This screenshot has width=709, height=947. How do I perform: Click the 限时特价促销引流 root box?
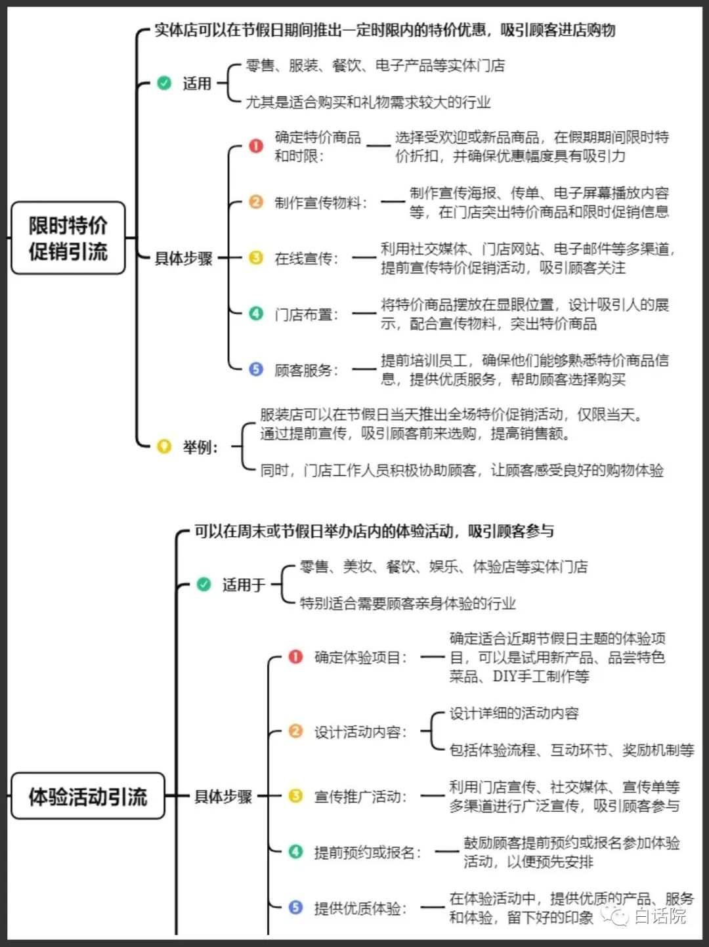tap(68, 238)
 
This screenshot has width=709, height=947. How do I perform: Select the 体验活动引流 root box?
tap(87, 797)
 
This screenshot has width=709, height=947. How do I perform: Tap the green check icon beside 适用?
tap(164, 83)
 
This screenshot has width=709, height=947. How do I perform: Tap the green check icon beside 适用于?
tap(204, 584)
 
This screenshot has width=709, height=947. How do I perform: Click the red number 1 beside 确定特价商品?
tap(256, 146)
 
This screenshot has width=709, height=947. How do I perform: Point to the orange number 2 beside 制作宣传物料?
tap(256, 202)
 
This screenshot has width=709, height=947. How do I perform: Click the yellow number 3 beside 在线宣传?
tap(256, 258)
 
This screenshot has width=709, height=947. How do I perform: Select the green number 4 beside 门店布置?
tap(256, 314)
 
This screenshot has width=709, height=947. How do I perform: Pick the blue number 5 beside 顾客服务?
tap(256, 369)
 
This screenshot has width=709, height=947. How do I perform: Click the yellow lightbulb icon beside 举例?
tap(164, 447)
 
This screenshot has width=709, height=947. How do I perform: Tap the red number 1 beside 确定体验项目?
tap(295, 657)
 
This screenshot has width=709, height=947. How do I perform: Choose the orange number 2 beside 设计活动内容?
tap(295, 731)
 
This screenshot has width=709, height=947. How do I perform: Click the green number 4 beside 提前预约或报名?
tap(295, 852)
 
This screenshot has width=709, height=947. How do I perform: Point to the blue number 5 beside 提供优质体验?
tap(295, 908)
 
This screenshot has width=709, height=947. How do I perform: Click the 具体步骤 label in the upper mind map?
tap(184, 259)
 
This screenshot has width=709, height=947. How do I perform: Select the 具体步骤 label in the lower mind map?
tap(223, 797)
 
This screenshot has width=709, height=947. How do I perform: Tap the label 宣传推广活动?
tap(360, 797)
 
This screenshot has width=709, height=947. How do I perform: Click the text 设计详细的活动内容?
tap(514, 713)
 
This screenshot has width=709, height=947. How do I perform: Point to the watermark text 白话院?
tap(660, 916)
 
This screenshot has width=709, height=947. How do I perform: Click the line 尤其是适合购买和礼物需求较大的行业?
tap(368, 102)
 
